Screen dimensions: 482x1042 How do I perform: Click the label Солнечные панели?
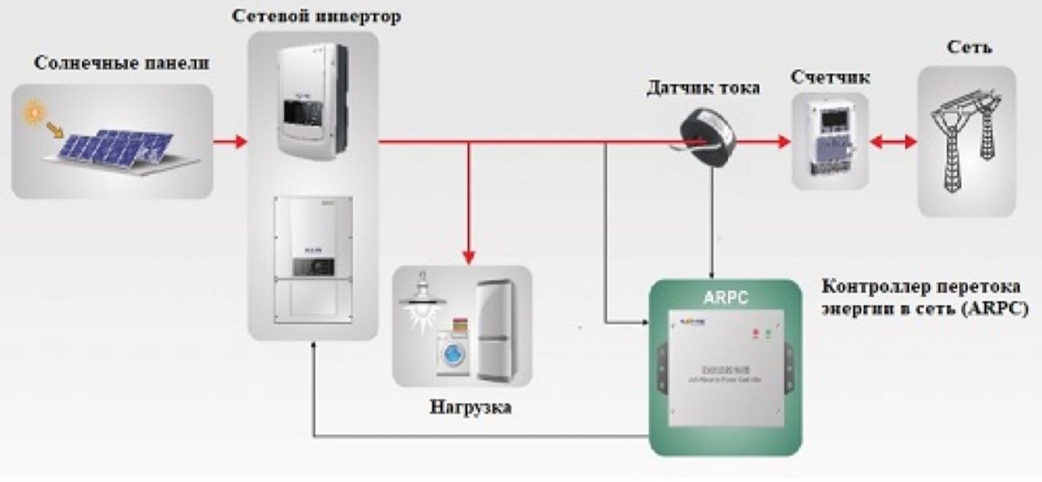[121, 63]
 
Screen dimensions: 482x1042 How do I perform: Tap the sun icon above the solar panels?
[34, 113]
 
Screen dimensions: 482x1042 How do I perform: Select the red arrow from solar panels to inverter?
[229, 143]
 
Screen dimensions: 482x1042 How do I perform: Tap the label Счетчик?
[830, 78]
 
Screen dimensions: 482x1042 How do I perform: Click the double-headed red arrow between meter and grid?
[894, 143]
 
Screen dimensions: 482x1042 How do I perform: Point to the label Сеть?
[968, 47]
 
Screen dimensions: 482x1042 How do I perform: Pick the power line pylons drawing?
[966, 141]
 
